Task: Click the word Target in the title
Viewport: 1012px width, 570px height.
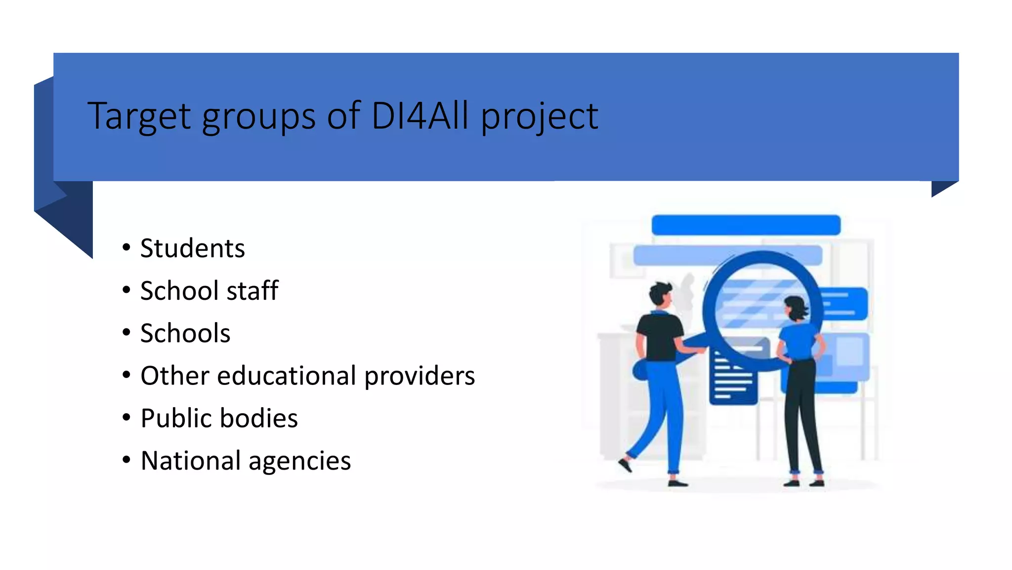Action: click(x=139, y=117)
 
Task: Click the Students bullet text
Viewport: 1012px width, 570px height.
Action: click(x=192, y=248)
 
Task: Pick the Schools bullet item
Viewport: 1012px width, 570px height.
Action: click(x=185, y=333)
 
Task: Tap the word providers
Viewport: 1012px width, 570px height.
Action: click(x=420, y=377)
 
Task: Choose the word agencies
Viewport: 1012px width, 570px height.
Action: click(x=299, y=462)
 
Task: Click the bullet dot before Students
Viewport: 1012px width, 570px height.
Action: click(x=126, y=247)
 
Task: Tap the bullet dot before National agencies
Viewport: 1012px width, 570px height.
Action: click(x=126, y=460)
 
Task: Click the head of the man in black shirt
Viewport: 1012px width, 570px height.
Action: click(x=660, y=294)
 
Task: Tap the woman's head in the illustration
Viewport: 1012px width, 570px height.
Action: click(x=795, y=307)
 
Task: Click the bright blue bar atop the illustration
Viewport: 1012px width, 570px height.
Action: click(x=746, y=225)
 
